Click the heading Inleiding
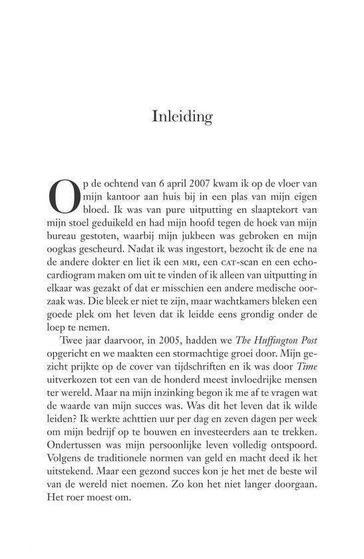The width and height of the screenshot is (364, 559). pos(182,118)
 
